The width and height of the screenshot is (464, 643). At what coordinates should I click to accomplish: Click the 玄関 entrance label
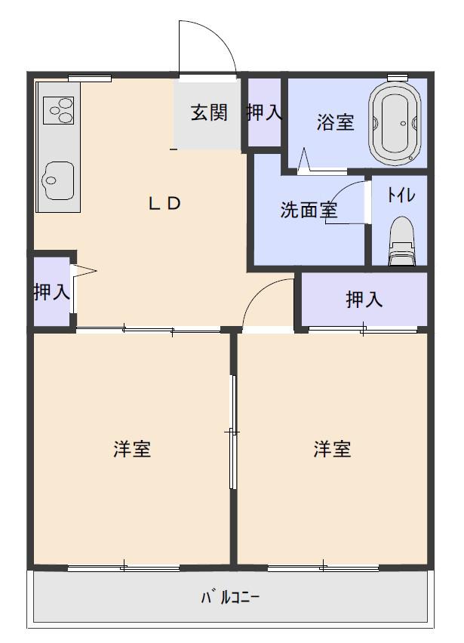(209, 112)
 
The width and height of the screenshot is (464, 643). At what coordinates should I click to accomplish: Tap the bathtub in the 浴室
(395, 122)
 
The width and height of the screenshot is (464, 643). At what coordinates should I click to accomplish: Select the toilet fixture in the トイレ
(401, 242)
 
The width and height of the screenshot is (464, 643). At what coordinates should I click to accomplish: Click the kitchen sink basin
(59, 180)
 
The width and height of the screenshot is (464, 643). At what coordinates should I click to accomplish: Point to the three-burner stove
(59, 110)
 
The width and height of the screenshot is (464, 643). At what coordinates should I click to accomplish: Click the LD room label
(164, 204)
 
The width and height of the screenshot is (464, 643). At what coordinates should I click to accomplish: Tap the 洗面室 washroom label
(309, 210)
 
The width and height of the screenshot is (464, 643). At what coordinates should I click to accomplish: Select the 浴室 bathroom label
(335, 122)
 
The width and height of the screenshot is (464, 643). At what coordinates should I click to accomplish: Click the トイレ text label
(401, 195)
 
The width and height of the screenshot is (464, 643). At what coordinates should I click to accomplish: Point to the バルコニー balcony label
(230, 597)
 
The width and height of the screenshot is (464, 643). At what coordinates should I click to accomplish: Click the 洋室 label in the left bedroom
(132, 449)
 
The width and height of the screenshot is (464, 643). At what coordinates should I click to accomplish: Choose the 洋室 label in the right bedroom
(332, 449)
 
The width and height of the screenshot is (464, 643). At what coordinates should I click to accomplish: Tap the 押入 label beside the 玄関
(264, 112)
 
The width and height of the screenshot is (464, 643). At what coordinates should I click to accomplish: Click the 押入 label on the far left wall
(51, 291)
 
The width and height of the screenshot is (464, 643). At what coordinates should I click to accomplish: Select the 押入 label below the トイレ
(364, 300)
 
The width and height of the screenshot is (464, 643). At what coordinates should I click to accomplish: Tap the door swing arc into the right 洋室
(260, 291)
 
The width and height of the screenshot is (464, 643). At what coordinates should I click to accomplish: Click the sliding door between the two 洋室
(233, 432)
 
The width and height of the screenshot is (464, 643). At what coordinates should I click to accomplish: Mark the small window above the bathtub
(398, 77)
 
